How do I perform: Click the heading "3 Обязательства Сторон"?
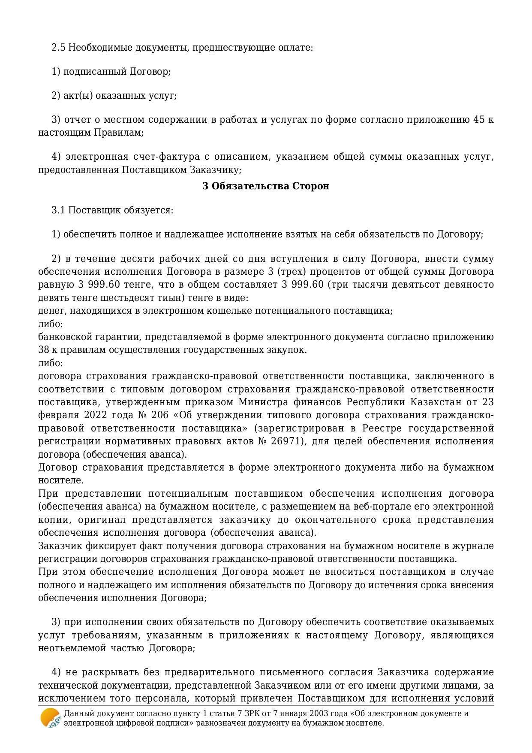266,186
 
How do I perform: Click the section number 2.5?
58,47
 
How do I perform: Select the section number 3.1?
58,210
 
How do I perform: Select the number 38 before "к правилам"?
44,350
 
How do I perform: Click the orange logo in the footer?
50,718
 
